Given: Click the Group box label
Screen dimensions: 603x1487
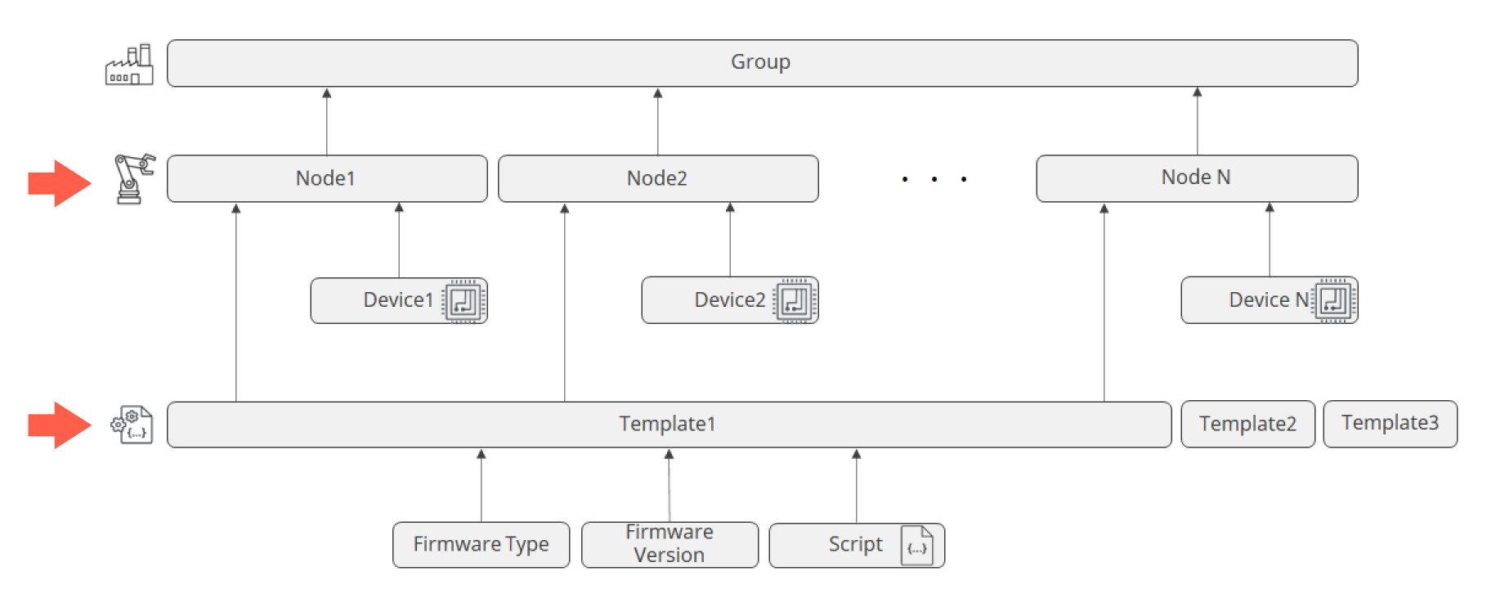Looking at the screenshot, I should pos(760,62).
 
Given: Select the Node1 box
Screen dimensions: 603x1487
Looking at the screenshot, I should pos(326,178).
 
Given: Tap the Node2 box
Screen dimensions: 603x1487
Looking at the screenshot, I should pos(657,178).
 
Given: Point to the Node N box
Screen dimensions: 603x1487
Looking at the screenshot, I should pos(1196,178).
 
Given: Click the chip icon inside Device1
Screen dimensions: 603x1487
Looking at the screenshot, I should pos(464,301).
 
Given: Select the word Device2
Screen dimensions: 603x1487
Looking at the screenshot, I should pos(729,300).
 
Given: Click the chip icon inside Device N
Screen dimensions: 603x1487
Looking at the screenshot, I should pos(1333,300).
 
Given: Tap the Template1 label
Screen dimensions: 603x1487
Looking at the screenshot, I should pos(667,424).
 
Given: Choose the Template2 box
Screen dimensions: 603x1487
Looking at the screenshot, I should pos(1247,424).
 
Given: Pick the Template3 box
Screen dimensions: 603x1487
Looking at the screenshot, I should pos(1390,423).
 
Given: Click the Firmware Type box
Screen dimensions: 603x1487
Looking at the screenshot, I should pos(481,545).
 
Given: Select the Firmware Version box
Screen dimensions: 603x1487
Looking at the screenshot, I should pos(670,545).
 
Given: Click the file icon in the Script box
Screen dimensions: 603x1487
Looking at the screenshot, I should pos(916,546).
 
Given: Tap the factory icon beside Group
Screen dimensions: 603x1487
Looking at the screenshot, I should pos(129,65).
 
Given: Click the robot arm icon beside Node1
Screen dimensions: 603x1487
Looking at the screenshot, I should pos(133,178).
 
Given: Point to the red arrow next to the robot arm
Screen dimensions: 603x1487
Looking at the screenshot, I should pos(59,183).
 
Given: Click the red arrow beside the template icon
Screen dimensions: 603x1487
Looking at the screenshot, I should pos(59,425).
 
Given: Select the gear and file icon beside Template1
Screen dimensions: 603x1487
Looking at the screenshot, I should pos(132,425).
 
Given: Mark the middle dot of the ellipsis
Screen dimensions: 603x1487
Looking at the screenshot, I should pos(934,178).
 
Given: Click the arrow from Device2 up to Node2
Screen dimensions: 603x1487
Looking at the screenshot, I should pos(730,241).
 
